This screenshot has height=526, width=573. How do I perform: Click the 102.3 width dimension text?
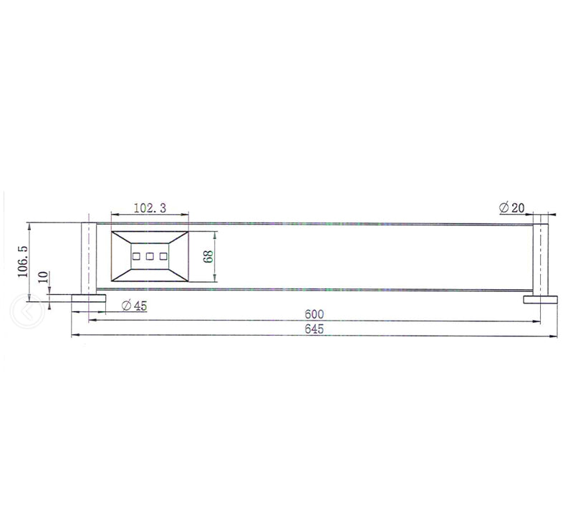[150, 208]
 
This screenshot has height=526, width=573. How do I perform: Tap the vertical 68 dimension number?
[208, 257]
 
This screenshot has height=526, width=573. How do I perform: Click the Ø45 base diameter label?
[134, 306]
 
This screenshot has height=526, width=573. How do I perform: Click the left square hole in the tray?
[135, 255]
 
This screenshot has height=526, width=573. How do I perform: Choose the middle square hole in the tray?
[150, 255]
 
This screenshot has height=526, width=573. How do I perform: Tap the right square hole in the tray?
[163, 255]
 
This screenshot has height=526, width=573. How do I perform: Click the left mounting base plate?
[88, 298]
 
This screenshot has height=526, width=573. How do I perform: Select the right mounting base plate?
[540, 299]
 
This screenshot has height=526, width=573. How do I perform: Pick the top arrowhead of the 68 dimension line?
[214, 235]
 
